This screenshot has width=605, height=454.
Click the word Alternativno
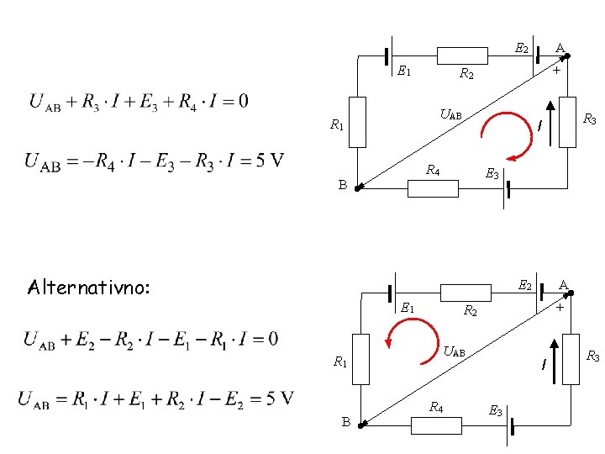click(x=88, y=288)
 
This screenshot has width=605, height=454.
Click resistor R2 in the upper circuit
click(x=462, y=55)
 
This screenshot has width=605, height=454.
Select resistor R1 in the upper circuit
click(x=357, y=122)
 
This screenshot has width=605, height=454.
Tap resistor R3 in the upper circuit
click(x=567, y=122)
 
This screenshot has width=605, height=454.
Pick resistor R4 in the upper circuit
click(x=433, y=189)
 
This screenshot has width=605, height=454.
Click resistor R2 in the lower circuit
click(x=466, y=293)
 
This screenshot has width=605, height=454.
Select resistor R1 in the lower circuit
click(x=360, y=359)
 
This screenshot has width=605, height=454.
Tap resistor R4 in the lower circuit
click(x=436, y=425)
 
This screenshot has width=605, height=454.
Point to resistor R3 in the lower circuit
click(x=571, y=359)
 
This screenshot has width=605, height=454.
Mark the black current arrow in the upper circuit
click(x=550, y=124)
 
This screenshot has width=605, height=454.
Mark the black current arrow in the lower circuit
click(x=554, y=362)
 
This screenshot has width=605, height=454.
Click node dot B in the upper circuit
click(x=357, y=189)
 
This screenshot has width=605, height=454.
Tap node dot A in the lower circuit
click(x=571, y=293)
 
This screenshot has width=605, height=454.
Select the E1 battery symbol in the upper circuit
click(x=389, y=56)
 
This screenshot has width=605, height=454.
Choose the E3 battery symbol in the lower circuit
click(x=510, y=426)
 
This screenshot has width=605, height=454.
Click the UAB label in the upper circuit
click(x=450, y=114)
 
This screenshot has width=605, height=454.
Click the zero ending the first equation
click(x=243, y=101)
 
